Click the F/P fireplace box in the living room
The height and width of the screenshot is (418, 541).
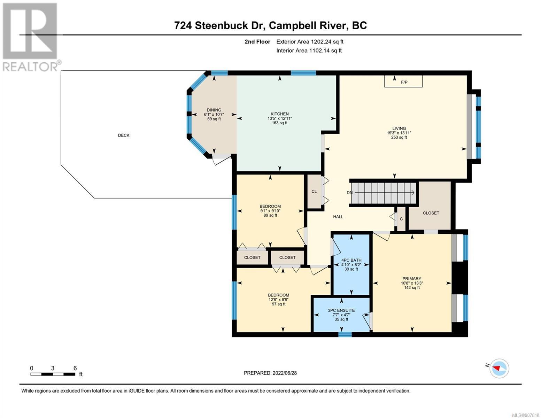point(403,81)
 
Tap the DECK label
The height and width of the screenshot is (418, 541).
point(123,135)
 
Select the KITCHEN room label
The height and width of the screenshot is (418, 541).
point(280,114)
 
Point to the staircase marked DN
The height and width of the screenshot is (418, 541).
point(384,193)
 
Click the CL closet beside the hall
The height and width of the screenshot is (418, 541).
point(314,192)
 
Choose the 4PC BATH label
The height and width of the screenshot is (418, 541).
point(351,260)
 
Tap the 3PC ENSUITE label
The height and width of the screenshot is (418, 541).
point(341,310)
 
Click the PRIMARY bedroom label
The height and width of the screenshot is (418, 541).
point(412,279)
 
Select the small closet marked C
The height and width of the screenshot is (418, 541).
point(401,219)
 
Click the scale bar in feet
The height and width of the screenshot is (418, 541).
point(53,374)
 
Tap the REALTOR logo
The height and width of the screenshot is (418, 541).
point(31,37)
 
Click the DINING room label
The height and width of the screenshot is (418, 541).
point(214,110)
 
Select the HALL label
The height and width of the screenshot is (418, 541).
point(338,217)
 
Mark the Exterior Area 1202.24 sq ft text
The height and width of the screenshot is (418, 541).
point(310,42)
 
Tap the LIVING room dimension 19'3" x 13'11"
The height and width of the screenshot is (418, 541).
point(399,133)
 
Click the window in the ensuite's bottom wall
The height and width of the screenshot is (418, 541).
point(345,334)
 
